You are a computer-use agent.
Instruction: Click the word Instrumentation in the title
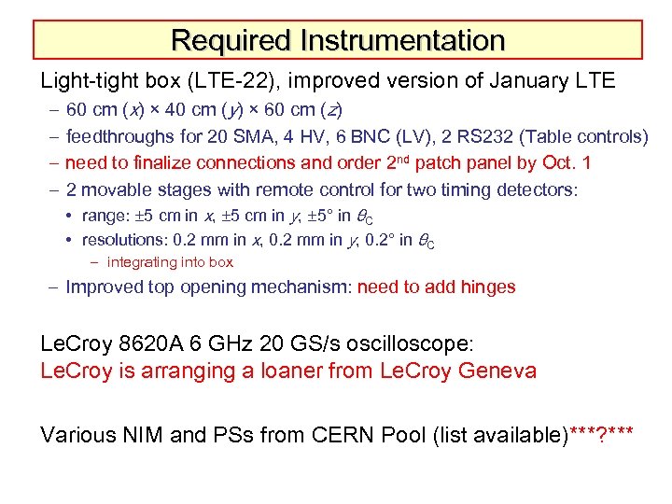(x=402, y=41)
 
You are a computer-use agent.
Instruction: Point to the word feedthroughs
(x=119, y=137)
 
